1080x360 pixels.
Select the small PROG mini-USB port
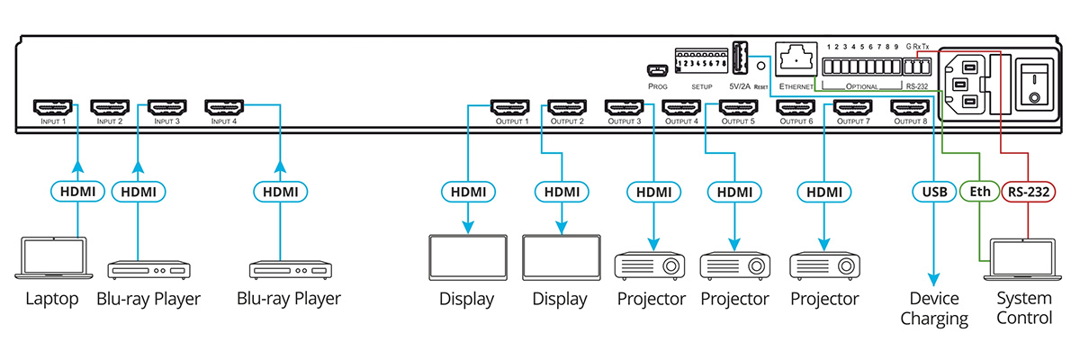[656, 69]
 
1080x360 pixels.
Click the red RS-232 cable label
[1027, 191]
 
